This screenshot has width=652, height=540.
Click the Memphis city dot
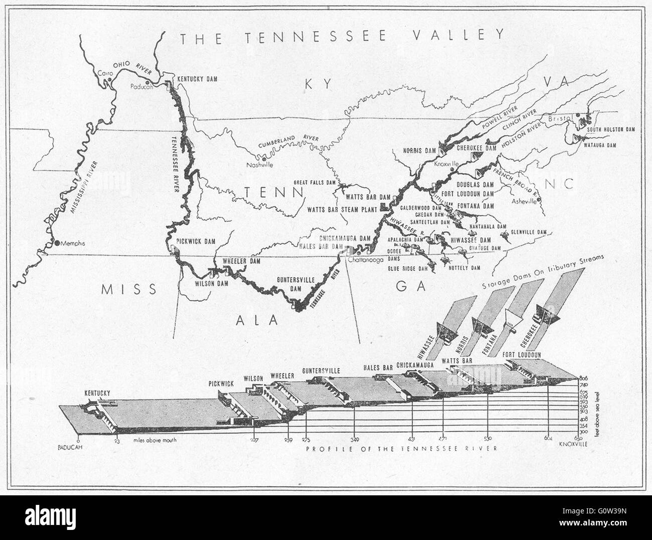[57, 243]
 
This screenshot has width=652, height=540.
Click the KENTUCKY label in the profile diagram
[98, 393]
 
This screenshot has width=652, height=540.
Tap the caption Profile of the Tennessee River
[402, 448]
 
